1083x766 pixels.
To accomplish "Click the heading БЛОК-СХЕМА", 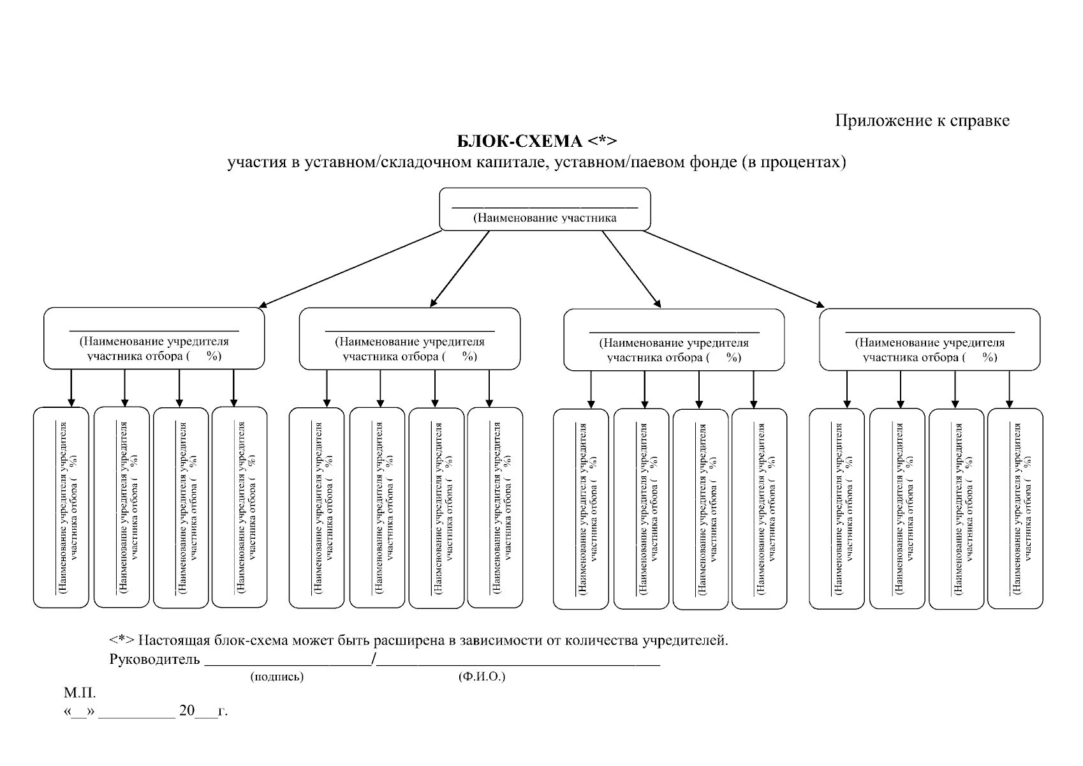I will tap(520, 140).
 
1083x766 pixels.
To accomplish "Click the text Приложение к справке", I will tap(922, 121).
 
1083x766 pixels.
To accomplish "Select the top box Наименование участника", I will tap(545, 209).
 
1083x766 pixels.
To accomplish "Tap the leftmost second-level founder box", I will tap(154, 339).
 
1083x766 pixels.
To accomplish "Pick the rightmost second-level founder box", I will tap(929, 340).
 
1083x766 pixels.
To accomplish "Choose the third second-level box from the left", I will tap(674, 340).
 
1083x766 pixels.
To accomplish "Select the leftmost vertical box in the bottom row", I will tap(61, 507).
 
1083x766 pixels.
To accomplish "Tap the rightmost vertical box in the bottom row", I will tap(1015, 509).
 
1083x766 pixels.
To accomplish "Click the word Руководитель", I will tap(154, 659).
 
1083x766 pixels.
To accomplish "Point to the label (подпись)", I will tap(277, 677).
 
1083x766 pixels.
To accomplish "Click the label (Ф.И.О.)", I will tap(482, 677).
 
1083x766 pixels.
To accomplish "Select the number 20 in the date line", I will tap(187, 710).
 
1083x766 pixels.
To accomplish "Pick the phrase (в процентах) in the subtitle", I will tap(793, 163).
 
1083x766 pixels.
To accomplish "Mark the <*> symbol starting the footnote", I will tap(121, 640).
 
